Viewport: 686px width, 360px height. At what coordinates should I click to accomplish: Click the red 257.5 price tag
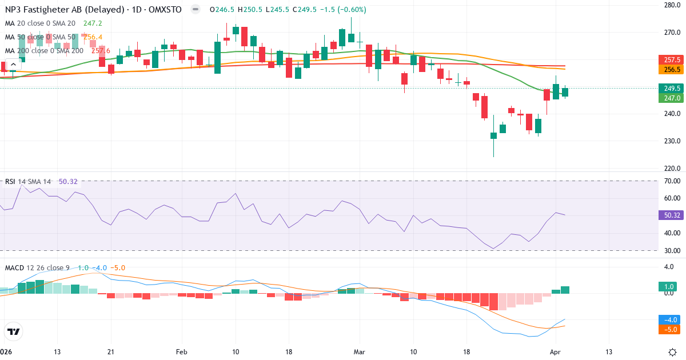(672, 60)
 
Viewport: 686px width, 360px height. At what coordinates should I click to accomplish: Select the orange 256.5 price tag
(672, 69)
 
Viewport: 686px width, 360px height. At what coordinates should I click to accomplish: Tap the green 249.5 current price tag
(672, 89)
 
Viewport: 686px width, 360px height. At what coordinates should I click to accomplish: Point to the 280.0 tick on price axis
(671, 5)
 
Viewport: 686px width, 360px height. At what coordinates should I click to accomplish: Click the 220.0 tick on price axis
(671, 169)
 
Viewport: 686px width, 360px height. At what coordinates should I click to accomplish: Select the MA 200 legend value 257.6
(101, 51)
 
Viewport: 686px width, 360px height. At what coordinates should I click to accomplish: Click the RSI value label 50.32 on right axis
(672, 215)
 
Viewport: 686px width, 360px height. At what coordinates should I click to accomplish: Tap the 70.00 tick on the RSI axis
(671, 181)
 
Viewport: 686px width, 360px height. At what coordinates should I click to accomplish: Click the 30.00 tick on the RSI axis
(671, 250)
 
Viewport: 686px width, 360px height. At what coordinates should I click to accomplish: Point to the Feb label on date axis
(182, 352)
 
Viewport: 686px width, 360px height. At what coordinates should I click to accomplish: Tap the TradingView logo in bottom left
(13, 331)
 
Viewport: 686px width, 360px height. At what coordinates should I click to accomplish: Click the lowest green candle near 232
(493, 136)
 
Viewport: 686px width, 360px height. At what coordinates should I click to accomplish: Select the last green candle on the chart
(565, 92)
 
